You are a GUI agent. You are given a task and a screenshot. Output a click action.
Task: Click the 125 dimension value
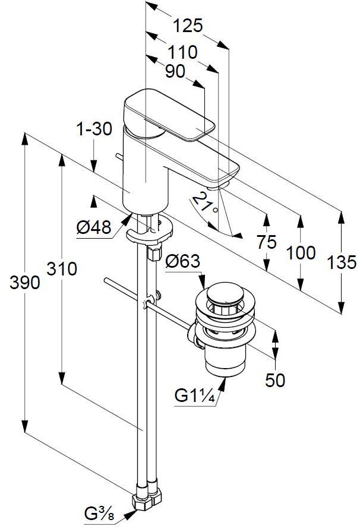tap(188, 26)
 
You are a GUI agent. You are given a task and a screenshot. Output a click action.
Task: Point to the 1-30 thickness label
tap(94, 129)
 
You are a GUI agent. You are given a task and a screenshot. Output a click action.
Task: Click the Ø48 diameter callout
tap(94, 228)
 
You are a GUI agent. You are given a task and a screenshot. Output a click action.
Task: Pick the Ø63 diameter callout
tap(182, 261)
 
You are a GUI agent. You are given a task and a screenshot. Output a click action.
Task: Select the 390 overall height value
tap(24, 283)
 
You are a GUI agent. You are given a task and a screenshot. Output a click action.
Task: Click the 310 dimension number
tap(62, 269)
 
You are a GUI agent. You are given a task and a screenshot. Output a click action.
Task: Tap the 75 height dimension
tap(268, 242)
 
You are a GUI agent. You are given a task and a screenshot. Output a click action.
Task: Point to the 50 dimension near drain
tap(274, 381)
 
